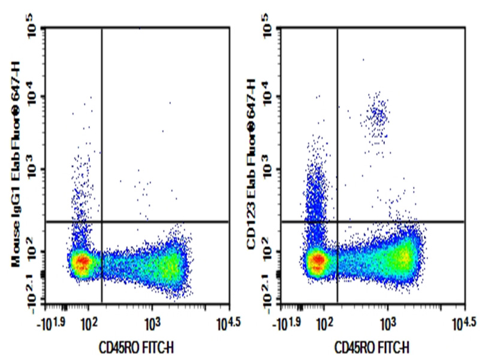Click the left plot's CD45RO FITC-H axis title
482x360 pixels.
tap(137, 347)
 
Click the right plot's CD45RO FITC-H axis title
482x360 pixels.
tap(372, 347)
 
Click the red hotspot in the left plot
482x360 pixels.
tap(82, 262)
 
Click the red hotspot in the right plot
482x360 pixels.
tap(318, 260)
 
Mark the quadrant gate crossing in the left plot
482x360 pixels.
tap(102, 221)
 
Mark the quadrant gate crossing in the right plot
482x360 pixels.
tap(338, 221)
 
